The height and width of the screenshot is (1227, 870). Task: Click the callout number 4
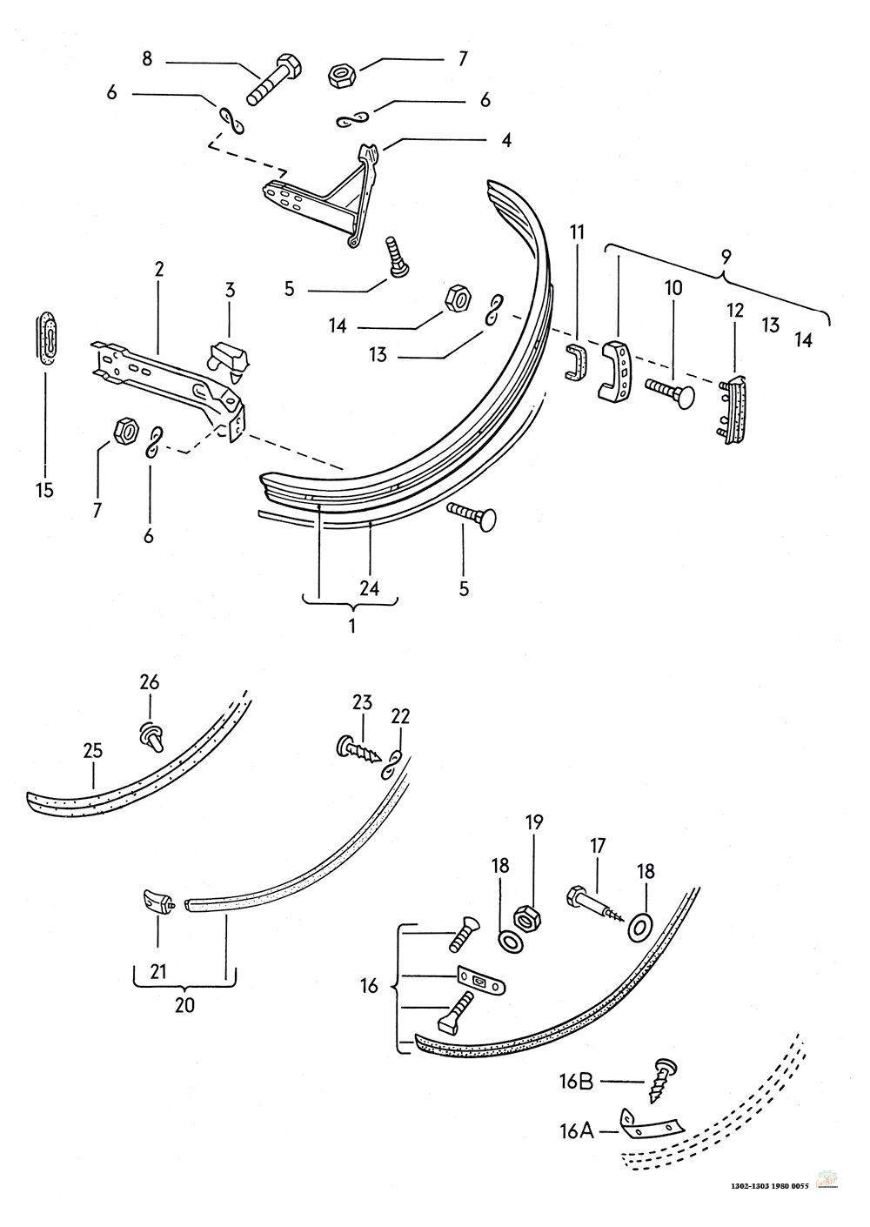click(x=506, y=141)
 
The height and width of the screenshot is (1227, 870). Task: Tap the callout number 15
click(x=45, y=490)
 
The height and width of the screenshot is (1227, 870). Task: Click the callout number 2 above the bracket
click(x=159, y=269)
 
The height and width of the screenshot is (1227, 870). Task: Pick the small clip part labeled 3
click(x=229, y=360)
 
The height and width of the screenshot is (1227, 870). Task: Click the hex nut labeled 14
click(x=458, y=298)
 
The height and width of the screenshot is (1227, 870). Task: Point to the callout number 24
click(x=370, y=588)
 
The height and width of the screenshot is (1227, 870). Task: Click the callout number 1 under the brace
click(x=352, y=626)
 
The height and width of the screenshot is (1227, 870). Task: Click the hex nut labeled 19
click(x=528, y=915)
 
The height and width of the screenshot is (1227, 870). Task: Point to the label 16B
click(x=576, y=1082)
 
